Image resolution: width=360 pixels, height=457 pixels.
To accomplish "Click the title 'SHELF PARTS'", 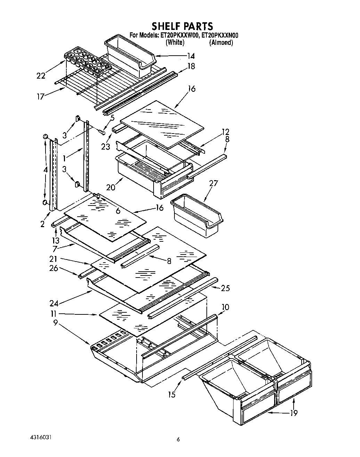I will (x=182, y=26).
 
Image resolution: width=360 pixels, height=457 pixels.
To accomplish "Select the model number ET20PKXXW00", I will (x=179, y=35).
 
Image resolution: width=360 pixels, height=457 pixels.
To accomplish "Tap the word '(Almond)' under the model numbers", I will (x=221, y=42).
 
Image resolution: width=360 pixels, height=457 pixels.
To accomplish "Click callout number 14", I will (x=191, y=56).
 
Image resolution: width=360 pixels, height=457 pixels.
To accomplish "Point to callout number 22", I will (x=41, y=75).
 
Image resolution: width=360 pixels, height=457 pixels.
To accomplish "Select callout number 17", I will (x=41, y=96).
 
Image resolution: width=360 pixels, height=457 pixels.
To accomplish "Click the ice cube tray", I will (x=87, y=62).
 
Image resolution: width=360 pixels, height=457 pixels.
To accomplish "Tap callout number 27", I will (x=213, y=183).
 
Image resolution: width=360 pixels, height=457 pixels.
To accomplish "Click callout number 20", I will (x=111, y=187).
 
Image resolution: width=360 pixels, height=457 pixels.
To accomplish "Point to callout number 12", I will (x=226, y=132).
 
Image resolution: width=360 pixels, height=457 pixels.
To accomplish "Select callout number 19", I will (x=294, y=413).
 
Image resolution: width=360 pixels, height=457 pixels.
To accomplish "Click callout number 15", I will (x=172, y=394).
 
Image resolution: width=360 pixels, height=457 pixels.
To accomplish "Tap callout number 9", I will (x=55, y=322).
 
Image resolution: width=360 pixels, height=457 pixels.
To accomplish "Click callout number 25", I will (x=225, y=288).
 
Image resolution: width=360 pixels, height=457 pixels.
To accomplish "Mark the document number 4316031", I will (x=41, y=436).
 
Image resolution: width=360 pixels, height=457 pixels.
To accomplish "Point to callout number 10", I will (x=225, y=307).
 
